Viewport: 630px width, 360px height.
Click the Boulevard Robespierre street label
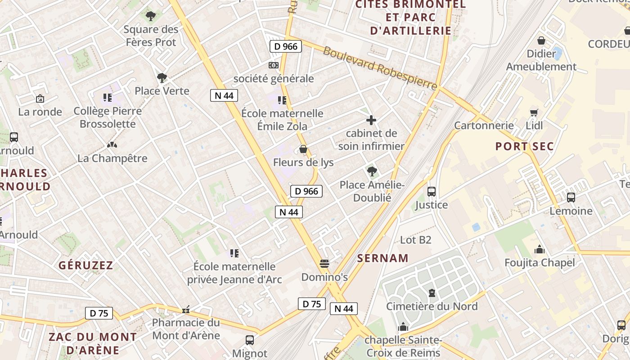pyautogui.click(x=380, y=67)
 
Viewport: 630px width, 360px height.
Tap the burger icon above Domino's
pyautogui.click(x=324, y=263)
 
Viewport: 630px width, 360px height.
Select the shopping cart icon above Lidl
pyautogui.click(x=534, y=112)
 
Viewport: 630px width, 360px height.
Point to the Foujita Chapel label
pyautogui.click(x=540, y=262)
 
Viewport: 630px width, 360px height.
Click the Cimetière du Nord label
pyautogui.click(x=432, y=306)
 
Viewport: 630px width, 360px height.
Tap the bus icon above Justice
pyautogui.click(x=431, y=192)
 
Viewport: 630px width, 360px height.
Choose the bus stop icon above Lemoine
pyautogui.click(x=571, y=198)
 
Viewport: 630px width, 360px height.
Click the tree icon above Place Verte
pyautogui.click(x=162, y=78)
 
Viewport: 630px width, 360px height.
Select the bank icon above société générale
pyautogui.click(x=273, y=65)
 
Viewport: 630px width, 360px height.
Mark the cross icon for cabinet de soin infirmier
pyautogui.click(x=371, y=120)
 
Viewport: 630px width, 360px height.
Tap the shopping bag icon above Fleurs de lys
pyautogui.click(x=303, y=149)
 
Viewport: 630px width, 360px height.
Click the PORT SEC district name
pyautogui.click(x=524, y=146)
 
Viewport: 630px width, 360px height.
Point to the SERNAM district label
pyautogui.click(x=383, y=258)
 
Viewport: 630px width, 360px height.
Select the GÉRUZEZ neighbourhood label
pyautogui.click(x=85, y=265)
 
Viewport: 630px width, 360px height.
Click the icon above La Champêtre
pyautogui.click(x=112, y=145)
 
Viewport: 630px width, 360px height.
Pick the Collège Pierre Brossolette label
pyautogui.click(x=108, y=117)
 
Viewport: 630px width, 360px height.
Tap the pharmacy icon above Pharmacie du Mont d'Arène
pyautogui.click(x=185, y=310)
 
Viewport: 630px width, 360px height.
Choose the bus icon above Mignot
pyautogui.click(x=249, y=340)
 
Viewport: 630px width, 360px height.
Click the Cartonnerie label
pyautogui.click(x=484, y=125)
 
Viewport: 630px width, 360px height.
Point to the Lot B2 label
pyautogui.click(x=415, y=240)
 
